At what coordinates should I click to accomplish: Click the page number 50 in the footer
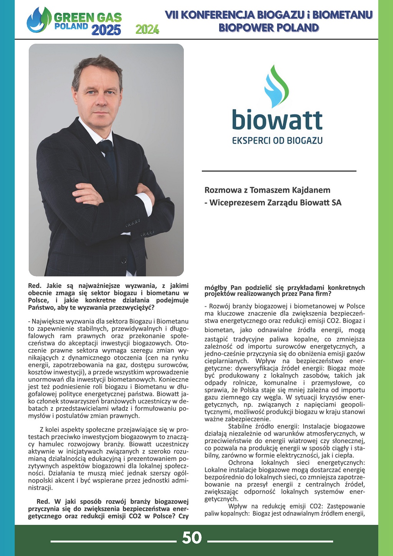coord(192,538)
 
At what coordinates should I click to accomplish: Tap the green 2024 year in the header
coord(147,29)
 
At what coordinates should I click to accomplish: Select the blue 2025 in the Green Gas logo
coord(106,30)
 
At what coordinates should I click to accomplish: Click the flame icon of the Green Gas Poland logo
coord(39,20)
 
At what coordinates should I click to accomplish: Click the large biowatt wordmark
coord(277,120)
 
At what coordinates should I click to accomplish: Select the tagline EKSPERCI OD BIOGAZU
coord(277,141)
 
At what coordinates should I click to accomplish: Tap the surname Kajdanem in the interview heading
coord(310,190)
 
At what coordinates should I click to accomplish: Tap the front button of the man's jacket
coord(124,260)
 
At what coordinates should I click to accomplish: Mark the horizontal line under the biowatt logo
coord(279,170)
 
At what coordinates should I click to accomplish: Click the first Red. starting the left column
coord(35,286)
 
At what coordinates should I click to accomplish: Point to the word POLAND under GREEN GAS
coord(71,26)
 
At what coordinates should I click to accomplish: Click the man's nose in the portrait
coord(101,99)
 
